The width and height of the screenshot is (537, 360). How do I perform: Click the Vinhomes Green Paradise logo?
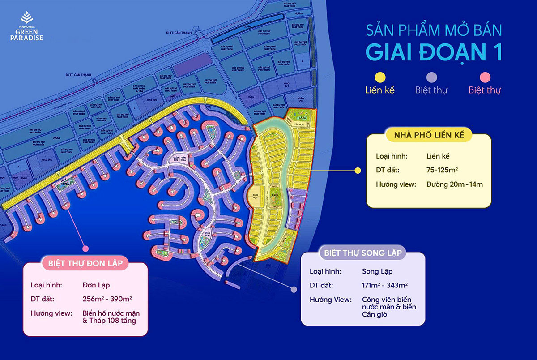point(27,28)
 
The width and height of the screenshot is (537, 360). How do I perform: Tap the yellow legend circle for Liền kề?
point(379,77)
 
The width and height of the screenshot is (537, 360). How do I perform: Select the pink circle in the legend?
point(485,77)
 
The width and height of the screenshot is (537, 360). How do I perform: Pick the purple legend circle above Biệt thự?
point(431,77)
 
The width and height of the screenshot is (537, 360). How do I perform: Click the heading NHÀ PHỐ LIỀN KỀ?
point(429,135)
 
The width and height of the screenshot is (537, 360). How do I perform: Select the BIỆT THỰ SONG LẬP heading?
point(362,253)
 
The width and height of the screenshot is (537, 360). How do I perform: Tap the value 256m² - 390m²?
point(107,299)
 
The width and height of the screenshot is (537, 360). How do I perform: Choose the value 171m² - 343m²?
point(385,285)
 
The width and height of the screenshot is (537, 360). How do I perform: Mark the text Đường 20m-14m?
point(454,184)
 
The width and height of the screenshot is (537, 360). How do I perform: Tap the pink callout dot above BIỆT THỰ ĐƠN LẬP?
point(85,248)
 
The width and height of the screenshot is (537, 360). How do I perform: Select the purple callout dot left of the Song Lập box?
point(294,290)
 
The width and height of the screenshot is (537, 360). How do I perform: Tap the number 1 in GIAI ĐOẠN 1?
point(494,52)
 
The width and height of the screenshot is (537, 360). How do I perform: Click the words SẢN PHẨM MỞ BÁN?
point(434,30)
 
